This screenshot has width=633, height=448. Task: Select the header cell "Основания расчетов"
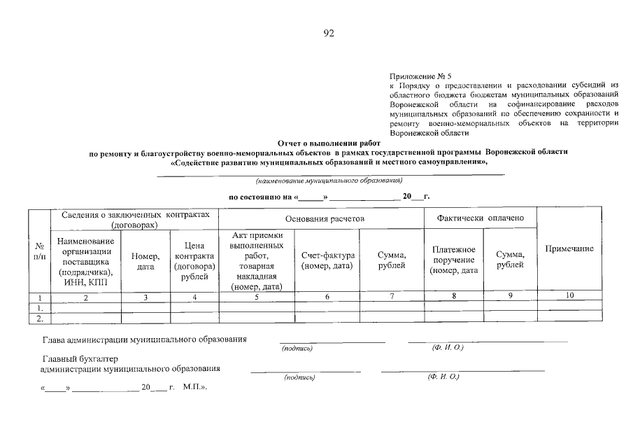click(x=321, y=218)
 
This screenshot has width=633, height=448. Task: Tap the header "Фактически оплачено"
click(x=480, y=218)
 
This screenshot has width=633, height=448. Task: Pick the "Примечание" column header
click(x=569, y=249)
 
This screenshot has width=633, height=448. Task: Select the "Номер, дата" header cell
click(x=145, y=261)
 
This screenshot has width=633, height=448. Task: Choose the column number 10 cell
click(x=569, y=296)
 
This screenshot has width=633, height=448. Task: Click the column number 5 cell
click(x=256, y=297)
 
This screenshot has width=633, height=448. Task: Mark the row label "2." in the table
click(x=40, y=318)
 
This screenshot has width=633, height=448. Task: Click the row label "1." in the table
click(x=40, y=307)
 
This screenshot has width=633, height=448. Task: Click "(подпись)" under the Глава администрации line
click(x=297, y=348)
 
